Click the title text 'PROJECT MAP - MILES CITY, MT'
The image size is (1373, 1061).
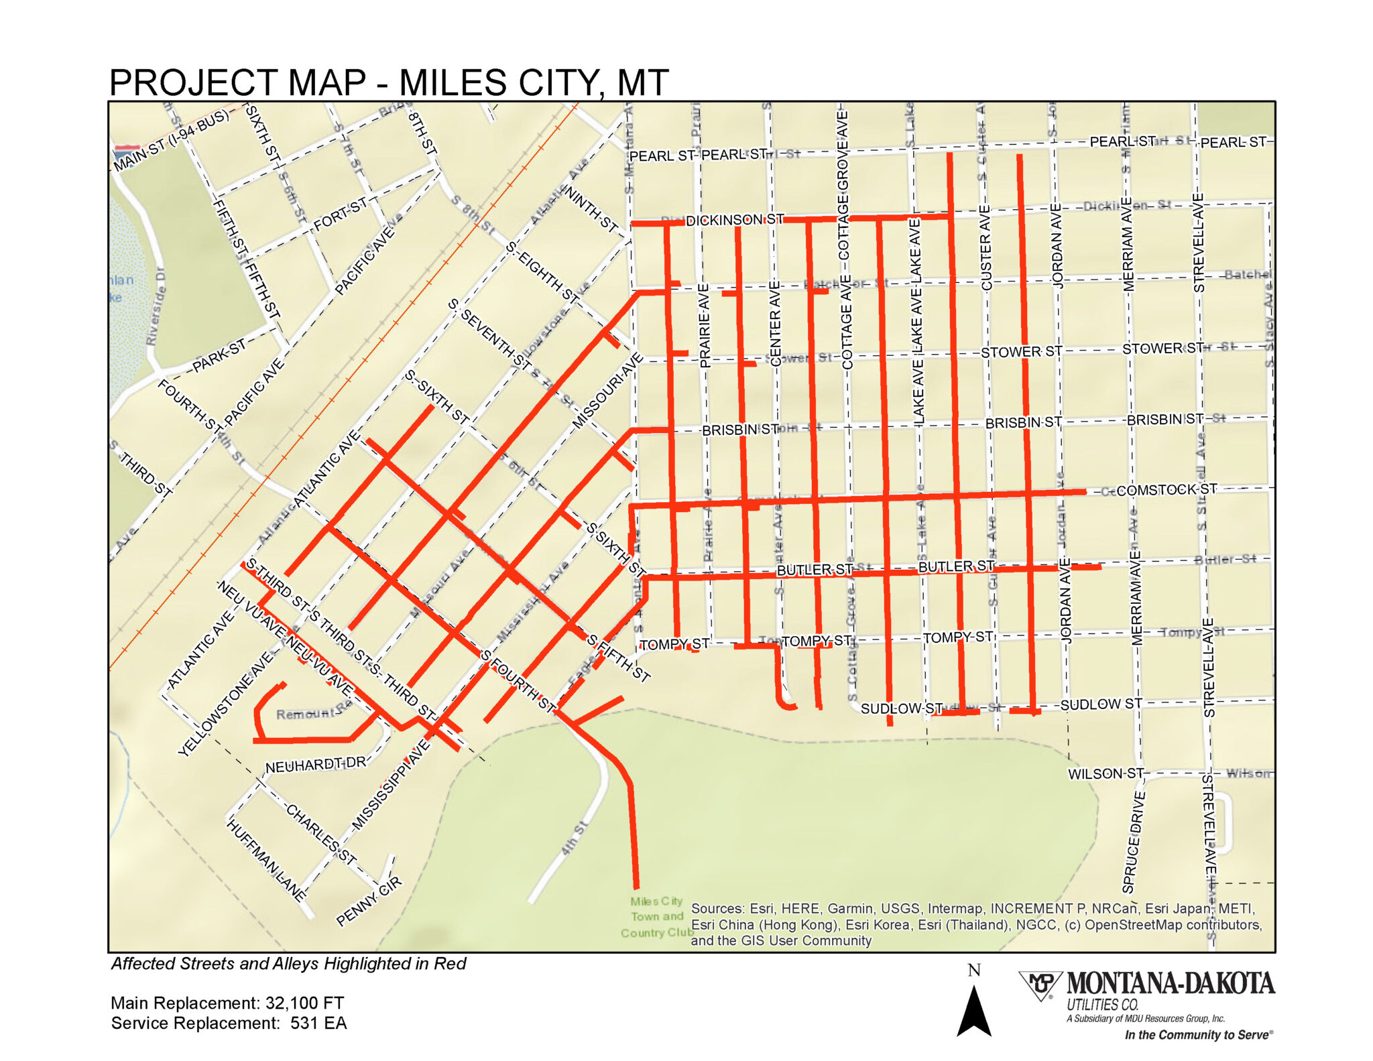click(389, 83)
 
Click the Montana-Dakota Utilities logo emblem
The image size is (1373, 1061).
click(1040, 985)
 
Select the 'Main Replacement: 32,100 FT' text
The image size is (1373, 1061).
click(227, 1003)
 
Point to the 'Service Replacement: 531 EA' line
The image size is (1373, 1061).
click(229, 1023)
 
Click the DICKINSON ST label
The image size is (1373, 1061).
click(735, 220)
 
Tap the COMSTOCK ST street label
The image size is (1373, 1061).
click(1167, 490)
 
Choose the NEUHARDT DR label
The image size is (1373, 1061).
click(316, 765)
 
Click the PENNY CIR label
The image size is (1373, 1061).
click(369, 901)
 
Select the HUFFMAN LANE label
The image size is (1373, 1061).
click(266, 859)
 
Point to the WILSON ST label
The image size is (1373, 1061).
click(1106, 773)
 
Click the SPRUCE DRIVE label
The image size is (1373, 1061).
click(1133, 842)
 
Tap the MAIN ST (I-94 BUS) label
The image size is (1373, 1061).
click(172, 139)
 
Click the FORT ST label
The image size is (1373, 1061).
click(341, 213)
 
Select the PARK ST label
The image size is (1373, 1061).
click(219, 356)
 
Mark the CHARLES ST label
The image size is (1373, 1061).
click(320, 834)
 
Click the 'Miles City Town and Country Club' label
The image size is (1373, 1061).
click(656, 916)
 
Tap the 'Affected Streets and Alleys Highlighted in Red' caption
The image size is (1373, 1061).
click(288, 963)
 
